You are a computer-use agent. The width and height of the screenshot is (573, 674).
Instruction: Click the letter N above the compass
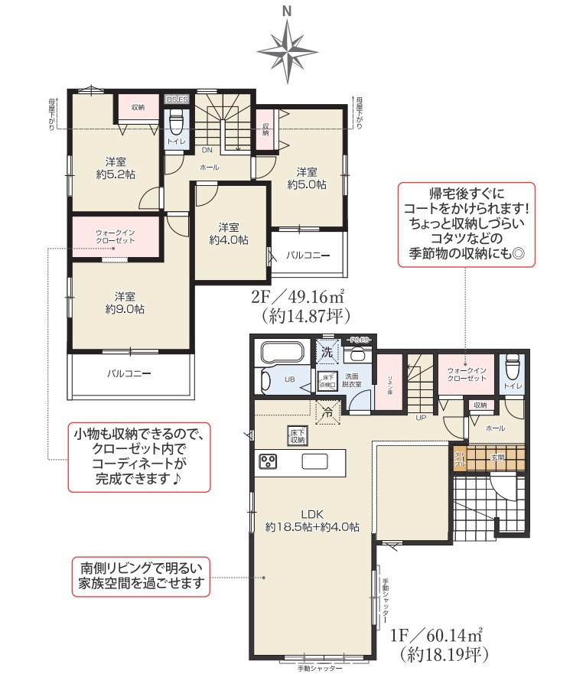[x=287, y=11]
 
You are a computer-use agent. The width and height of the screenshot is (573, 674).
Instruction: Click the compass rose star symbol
[x=287, y=50]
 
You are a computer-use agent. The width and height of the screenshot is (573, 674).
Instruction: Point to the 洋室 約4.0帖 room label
[x=229, y=233]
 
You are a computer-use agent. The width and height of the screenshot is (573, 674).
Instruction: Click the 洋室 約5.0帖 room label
[x=307, y=177]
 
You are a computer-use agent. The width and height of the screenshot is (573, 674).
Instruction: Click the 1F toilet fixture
[x=512, y=371]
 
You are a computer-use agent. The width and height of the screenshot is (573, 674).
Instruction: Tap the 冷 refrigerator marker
[x=327, y=411]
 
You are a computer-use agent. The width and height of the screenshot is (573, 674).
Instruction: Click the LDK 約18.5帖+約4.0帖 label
[x=313, y=520]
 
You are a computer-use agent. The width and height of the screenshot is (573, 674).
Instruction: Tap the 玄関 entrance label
[x=498, y=457]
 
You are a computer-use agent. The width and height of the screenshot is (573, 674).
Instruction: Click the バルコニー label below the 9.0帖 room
[x=128, y=375]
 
